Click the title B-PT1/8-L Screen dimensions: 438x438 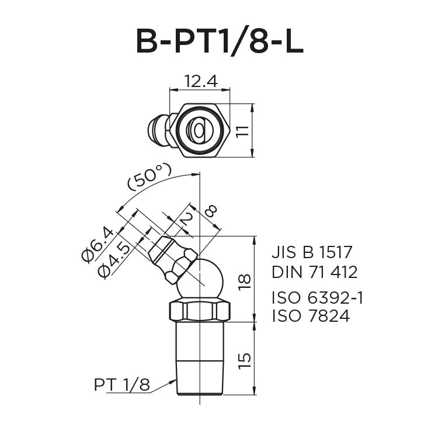pos(219,42)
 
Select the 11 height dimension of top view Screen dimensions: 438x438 pos(244,131)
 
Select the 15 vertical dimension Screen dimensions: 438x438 pos(245,359)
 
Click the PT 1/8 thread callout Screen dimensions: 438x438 pos(121,385)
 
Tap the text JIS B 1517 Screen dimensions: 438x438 pos(312,253)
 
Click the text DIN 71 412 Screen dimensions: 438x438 pos(314,272)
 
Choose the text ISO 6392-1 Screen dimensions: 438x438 pos(318,298)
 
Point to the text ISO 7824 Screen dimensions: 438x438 pos(310,317)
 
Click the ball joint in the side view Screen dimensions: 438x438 pos(200,279)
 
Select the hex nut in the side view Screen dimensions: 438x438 pos(199,310)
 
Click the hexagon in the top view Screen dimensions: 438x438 pos(200,130)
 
